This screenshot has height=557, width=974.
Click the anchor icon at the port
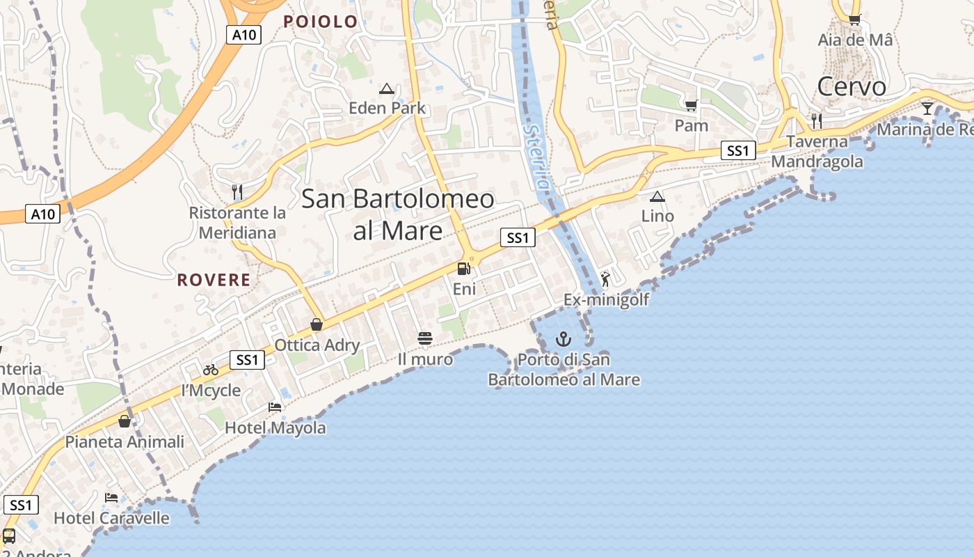564,339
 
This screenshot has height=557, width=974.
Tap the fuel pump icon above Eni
463,269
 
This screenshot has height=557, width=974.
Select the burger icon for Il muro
425,338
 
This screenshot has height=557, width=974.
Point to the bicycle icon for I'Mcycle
211,370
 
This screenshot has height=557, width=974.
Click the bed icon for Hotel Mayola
275,407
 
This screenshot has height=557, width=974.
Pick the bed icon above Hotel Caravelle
111,497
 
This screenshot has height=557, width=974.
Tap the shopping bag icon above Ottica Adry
317,324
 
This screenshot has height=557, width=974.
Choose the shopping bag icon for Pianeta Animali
125,421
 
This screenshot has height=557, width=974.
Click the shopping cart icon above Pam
691,105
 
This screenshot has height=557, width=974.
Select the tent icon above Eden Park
387,88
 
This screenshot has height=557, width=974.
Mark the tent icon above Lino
657,196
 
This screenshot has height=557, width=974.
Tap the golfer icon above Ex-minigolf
605,279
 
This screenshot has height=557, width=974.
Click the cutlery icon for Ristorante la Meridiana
237,191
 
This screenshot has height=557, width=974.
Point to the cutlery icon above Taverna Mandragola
817,120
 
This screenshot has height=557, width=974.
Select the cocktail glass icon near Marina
927,108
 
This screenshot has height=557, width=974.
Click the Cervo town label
852,86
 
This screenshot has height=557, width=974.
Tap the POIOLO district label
320,22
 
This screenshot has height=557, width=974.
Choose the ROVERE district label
214,280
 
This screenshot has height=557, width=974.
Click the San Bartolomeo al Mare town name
398,214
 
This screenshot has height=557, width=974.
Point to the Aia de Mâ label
855,40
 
